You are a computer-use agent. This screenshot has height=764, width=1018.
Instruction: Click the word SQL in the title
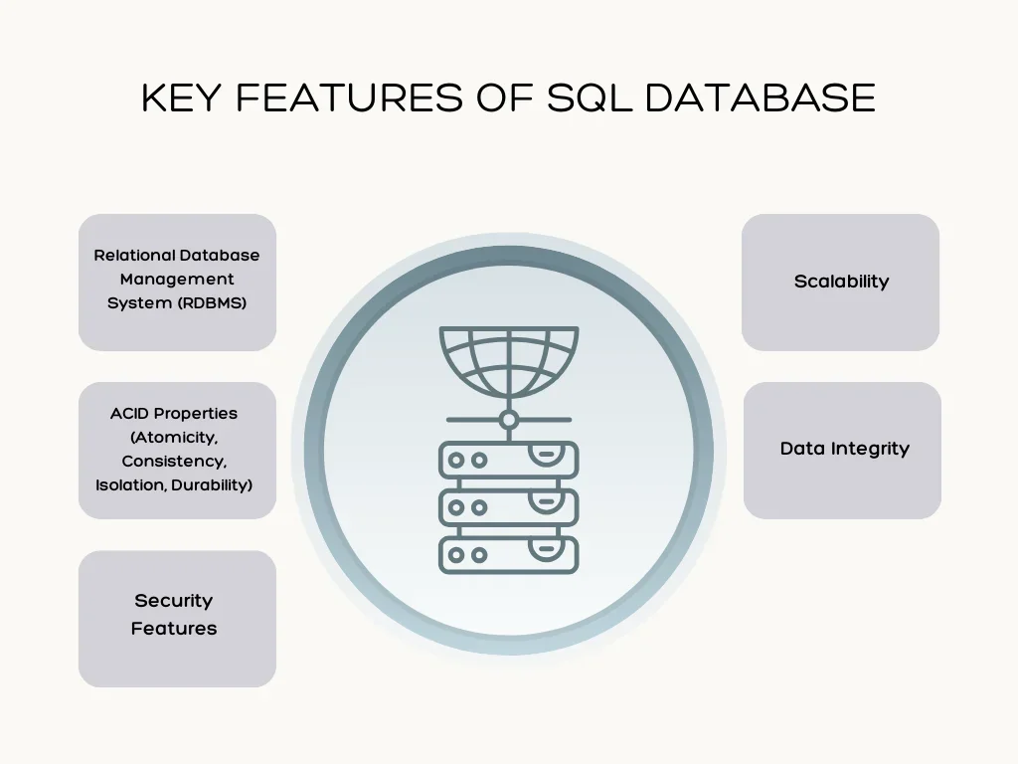[590, 97]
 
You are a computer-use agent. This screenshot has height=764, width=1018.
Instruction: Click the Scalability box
[840, 282]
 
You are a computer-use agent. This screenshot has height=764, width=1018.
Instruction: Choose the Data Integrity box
[843, 450]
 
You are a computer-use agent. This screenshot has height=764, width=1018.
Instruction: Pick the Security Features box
[177, 618]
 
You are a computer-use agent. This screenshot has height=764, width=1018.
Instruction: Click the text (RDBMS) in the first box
[212, 302]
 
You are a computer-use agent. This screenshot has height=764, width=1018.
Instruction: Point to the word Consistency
[174, 462]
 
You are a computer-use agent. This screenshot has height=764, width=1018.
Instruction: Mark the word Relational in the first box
[134, 256]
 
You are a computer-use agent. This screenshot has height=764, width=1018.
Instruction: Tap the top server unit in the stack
[508, 460]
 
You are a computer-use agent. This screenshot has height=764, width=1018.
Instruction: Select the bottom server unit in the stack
[508, 554]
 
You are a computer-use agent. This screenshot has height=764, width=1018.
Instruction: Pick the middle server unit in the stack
[508, 507]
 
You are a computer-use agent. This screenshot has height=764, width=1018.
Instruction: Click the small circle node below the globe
[508, 420]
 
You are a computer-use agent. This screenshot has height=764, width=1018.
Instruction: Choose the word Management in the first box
[177, 280]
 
